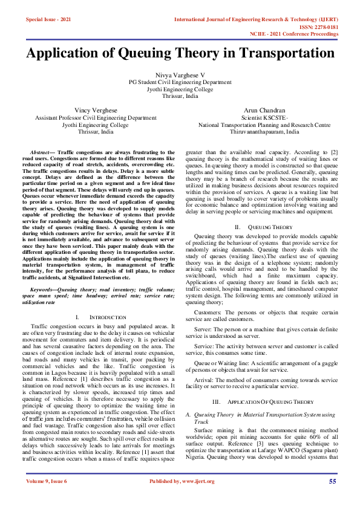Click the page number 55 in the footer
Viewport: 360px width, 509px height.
pyautogui.click(x=332, y=481)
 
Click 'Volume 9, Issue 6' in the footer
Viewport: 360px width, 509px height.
pyautogui.click(x=47, y=481)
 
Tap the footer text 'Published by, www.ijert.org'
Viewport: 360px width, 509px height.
pyautogui.click(x=180, y=481)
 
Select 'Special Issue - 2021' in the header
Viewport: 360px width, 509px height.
pyautogui.click(x=48, y=20)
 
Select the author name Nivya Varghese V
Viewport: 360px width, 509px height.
pyautogui.click(x=180, y=74)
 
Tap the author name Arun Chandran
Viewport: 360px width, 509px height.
pyautogui.click(x=264, y=111)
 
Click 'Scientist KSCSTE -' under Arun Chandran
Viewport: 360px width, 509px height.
pyautogui.click(x=264, y=118)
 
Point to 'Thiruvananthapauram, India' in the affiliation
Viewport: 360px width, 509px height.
pyautogui.click(x=264, y=132)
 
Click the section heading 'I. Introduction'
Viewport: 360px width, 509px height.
pyautogui.click(x=100, y=317)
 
